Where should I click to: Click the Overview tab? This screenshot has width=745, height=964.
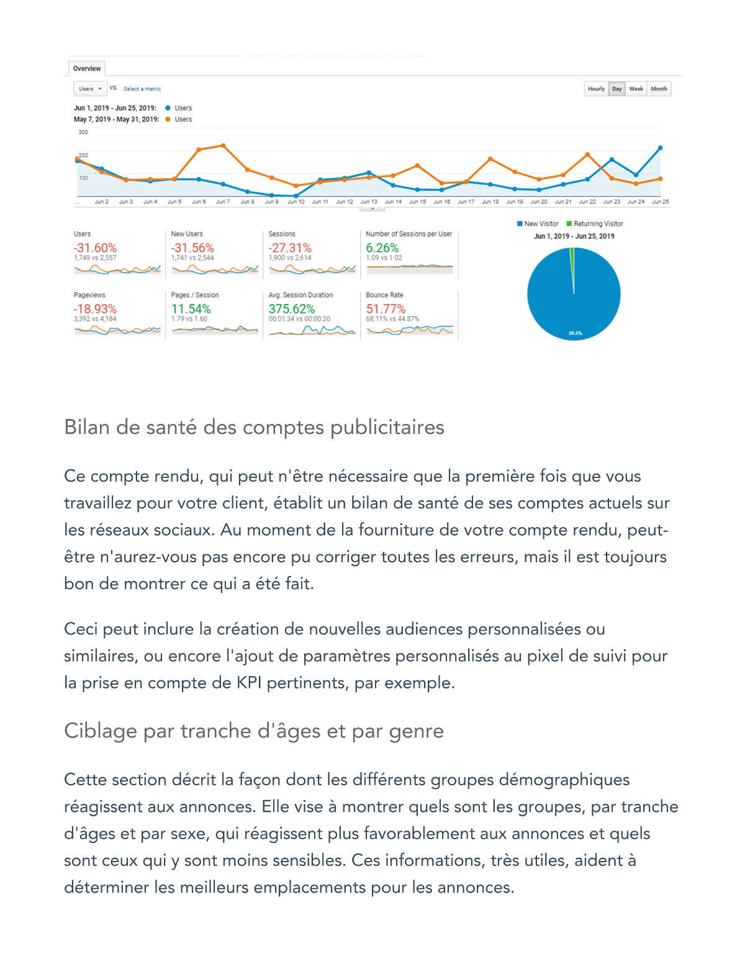click(86, 68)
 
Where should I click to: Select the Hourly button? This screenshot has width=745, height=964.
click(596, 89)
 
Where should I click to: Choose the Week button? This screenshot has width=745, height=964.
click(636, 89)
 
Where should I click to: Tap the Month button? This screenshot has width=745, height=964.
click(659, 89)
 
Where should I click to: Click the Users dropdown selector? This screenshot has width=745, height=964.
click(90, 89)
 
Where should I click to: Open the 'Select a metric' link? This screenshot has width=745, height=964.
click(142, 89)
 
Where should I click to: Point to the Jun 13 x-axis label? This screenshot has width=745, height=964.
click(369, 202)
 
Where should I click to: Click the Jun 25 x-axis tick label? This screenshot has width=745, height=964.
click(661, 202)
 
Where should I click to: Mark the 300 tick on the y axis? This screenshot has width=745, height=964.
click(83, 132)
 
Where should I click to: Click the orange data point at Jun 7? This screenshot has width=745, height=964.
click(223, 146)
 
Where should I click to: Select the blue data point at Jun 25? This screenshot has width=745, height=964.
click(660, 148)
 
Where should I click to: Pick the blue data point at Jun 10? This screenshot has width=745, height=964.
click(296, 196)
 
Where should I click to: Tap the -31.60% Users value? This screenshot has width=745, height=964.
click(95, 248)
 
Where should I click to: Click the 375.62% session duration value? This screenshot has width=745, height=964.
click(291, 309)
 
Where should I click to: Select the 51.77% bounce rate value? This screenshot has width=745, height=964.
click(386, 309)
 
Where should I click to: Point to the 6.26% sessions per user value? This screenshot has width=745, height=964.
click(382, 248)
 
